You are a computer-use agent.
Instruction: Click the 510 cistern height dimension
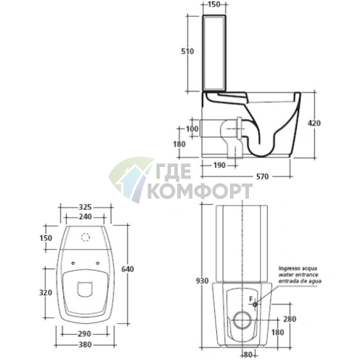coord(187,52)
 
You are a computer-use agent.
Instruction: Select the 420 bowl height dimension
coord(314,123)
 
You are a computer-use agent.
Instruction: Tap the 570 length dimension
coord(263,176)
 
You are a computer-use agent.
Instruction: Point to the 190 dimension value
coord(219,165)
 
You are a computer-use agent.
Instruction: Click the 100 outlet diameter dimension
coord(192,128)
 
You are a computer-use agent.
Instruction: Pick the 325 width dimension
coord(85,207)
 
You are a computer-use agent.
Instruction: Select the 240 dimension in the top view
coord(85,217)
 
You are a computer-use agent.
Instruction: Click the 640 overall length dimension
coord(128,269)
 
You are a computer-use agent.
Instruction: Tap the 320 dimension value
coord(46,292)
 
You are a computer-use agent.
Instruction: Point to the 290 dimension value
coord(84,334)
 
